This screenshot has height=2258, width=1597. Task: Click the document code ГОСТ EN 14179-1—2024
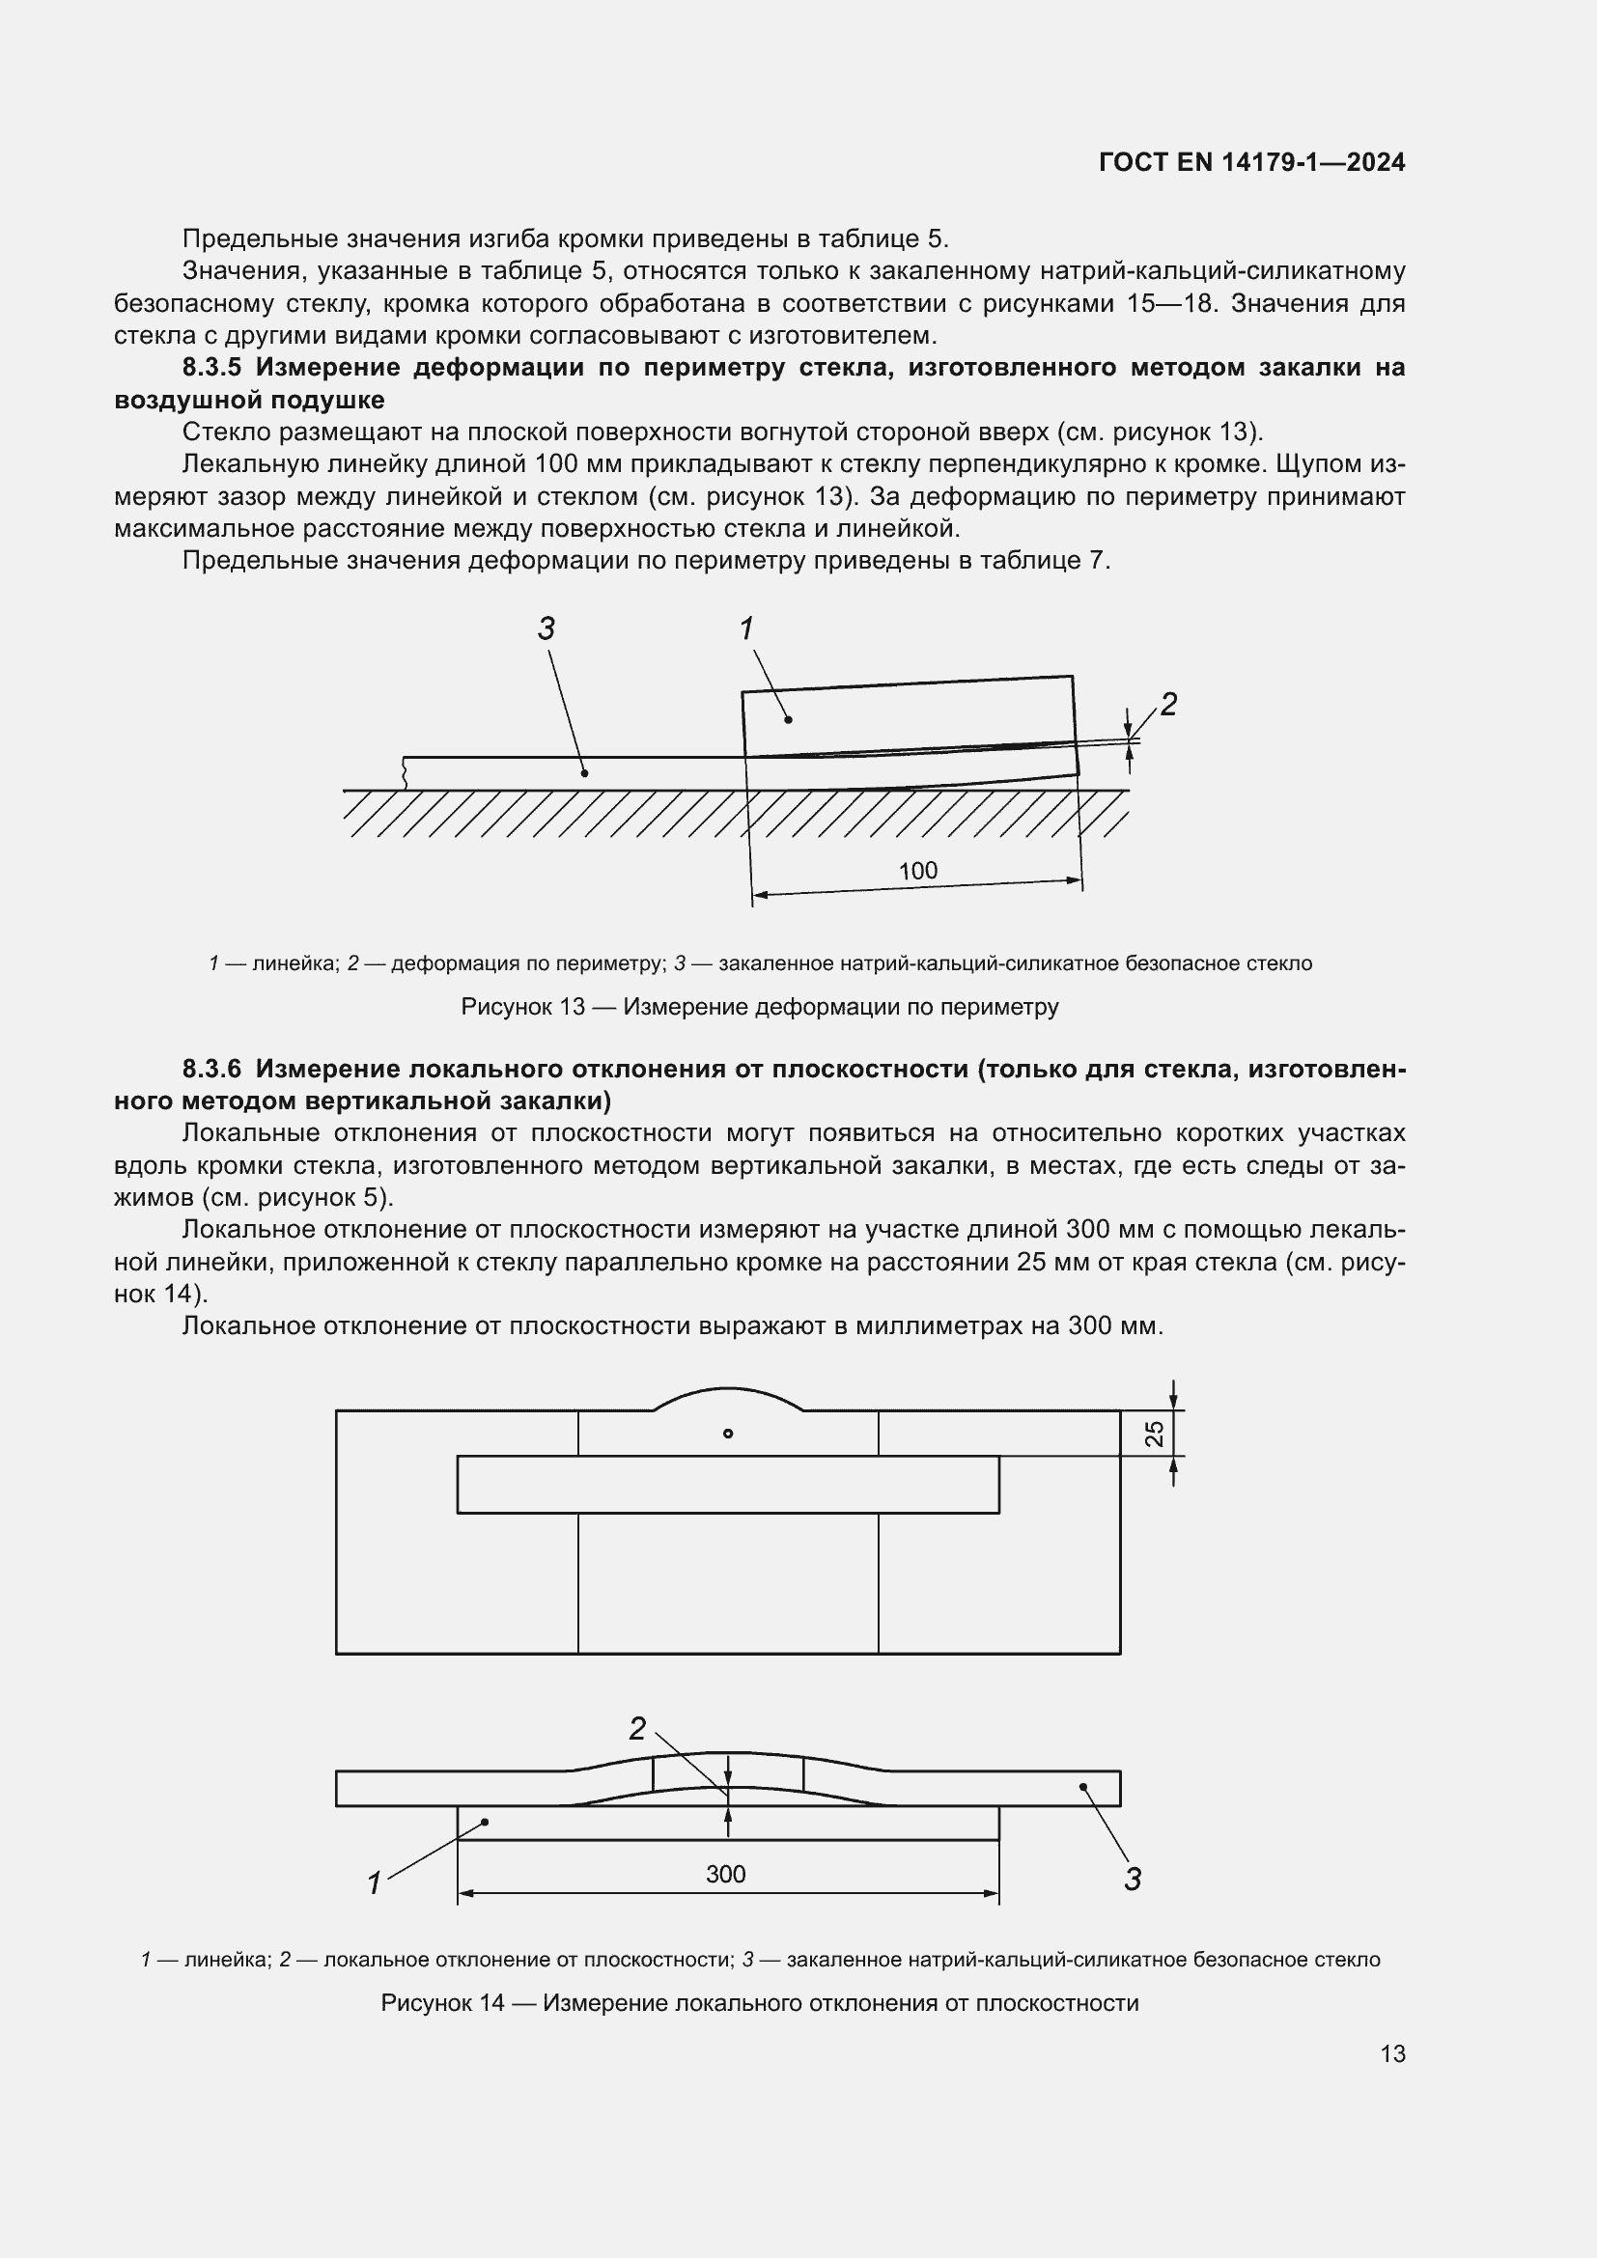(1252, 162)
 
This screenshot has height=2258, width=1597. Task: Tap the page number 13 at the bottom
(1392, 2053)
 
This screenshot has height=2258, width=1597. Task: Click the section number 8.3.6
(213, 1069)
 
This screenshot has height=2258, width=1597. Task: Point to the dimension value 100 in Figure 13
(917, 871)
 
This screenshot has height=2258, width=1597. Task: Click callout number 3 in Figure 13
(546, 628)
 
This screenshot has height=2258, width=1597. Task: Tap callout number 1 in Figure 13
(746, 628)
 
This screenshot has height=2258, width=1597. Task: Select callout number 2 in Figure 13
(1168, 704)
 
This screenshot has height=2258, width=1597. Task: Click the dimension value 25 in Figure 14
(1156, 1433)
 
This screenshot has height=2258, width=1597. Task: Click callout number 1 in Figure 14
(374, 1883)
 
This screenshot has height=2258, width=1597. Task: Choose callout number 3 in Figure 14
(1132, 1880)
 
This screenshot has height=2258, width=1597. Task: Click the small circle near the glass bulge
(728, 1434)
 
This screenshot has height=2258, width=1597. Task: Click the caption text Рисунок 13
(522, 1007)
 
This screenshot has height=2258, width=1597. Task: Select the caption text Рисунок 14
(442, 2003)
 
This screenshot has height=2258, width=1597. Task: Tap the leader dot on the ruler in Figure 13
(788, 720)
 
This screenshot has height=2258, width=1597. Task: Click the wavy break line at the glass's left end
(405, 773)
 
